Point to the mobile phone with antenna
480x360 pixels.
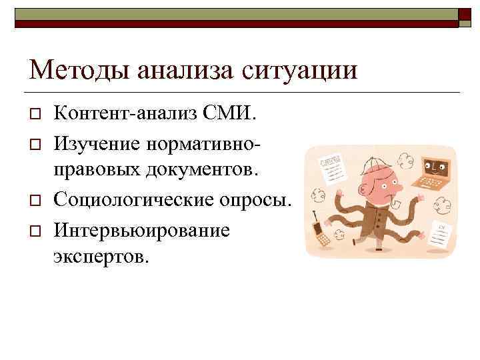pos(322,231)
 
